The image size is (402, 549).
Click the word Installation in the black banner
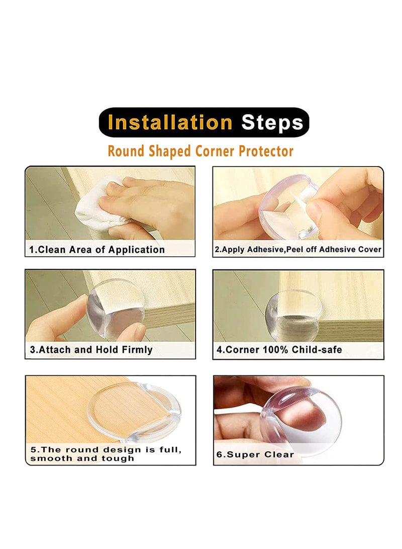170,123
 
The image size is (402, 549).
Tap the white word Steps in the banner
272,123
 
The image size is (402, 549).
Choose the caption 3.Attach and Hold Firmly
91,350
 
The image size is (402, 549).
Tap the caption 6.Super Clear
255,454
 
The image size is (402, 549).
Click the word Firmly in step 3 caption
137,350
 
